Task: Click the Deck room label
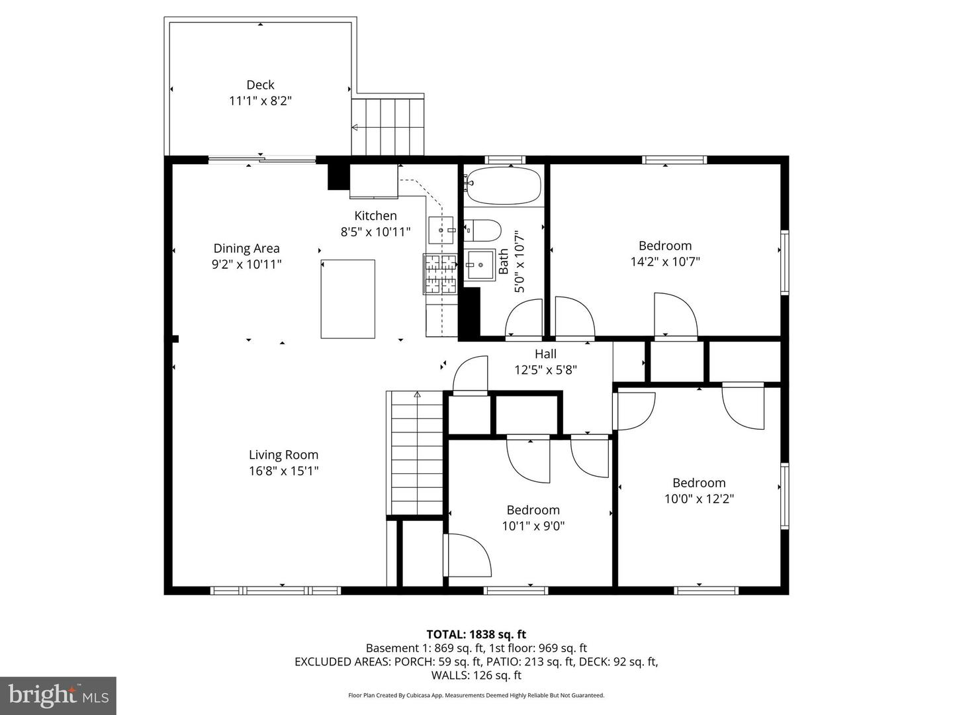(260, 85)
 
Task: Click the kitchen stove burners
(441, 273)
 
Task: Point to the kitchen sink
(440, 229)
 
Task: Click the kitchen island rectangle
(348, 299)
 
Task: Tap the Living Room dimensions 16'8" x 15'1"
(283, 471)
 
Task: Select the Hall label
(545, 354)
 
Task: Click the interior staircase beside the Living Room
(416, 453)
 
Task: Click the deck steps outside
(388, 126)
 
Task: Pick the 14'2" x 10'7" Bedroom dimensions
(664, 262)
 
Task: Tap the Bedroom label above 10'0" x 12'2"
(699, 483)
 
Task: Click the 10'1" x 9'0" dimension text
(533, 526)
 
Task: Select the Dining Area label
(246, 248)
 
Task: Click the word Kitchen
(375, 215)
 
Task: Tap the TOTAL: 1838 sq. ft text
(476, 634)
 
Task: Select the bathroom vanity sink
(479, 265)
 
